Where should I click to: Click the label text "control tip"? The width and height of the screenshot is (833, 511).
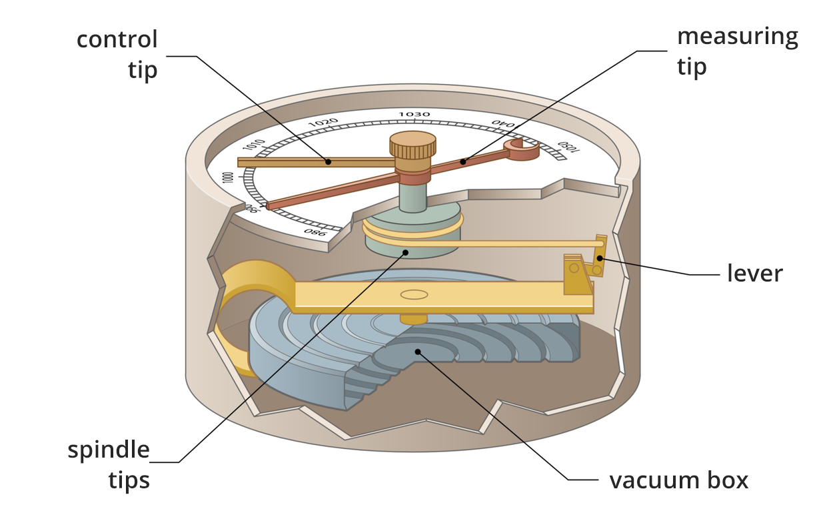117,54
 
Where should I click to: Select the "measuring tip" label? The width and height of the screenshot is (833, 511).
737,51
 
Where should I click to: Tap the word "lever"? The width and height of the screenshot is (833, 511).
754,273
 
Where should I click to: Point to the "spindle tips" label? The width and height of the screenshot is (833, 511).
109,464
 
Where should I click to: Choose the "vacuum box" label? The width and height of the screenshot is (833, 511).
679,480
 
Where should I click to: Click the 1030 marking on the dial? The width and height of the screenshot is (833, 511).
414,115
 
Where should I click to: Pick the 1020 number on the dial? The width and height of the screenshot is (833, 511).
324,123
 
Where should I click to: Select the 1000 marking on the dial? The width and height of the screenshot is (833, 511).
229,178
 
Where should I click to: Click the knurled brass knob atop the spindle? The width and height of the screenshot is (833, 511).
413,146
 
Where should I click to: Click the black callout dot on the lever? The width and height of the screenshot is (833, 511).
600,259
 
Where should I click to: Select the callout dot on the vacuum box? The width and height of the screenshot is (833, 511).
418,352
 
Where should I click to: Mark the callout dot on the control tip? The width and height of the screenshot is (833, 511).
329,161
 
